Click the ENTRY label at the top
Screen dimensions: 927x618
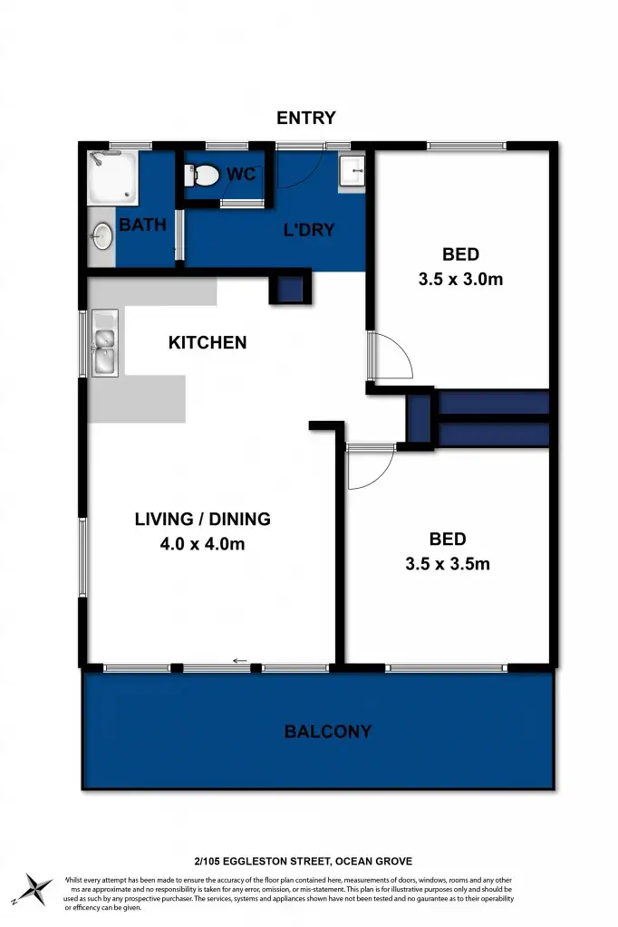click(306, 118)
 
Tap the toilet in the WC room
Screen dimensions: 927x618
click(202, 175)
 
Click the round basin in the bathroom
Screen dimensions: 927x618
click(102, 237)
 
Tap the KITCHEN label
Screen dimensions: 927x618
click(208, 342)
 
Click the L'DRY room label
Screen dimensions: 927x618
click(309, 230)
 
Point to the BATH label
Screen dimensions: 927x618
click(143, 225)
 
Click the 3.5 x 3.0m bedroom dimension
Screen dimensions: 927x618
click(460, 280)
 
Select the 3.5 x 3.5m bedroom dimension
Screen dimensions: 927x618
click(448, 565)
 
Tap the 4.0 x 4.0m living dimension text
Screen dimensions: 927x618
click(203, 544)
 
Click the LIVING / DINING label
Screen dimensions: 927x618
click(203, 520)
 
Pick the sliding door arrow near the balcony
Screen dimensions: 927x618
click(240, 661)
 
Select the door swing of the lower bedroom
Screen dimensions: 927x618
click(369, 469)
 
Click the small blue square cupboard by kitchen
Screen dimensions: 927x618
click(290, 290)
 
